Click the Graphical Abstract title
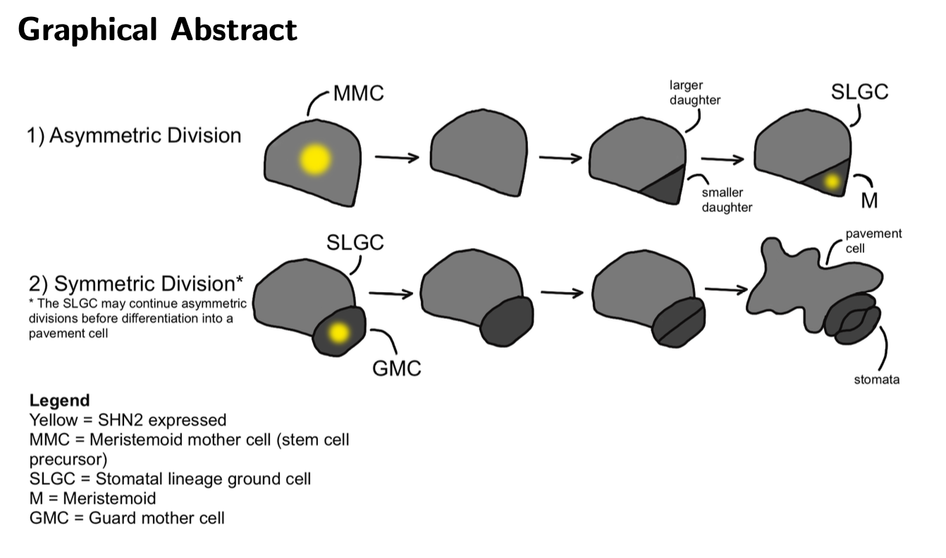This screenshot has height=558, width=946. (157, 30)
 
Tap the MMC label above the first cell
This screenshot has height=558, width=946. (358, 94)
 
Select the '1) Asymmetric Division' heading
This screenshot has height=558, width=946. (134, 135)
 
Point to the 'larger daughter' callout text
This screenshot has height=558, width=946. (694, 94)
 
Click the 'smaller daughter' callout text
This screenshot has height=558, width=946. (727, 199)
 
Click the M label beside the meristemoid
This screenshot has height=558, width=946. (869, 200)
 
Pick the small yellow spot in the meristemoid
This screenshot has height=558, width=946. (832, 181)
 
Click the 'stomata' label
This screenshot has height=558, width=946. (876, 380)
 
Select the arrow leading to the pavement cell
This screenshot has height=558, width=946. (725, 289)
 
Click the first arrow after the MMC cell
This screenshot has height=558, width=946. (398, 157)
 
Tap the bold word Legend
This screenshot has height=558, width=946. (59, 401)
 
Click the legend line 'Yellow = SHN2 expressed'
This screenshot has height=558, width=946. (128, 420)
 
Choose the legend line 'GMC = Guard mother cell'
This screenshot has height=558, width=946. (127, 518)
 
